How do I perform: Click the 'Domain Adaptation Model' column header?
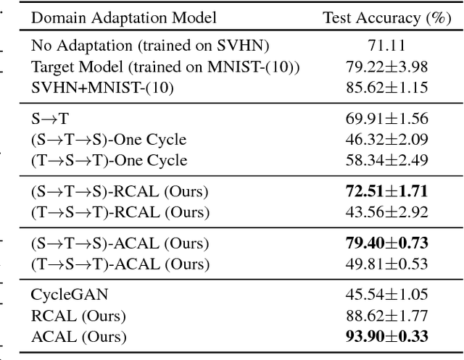123,18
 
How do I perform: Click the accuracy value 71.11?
386,46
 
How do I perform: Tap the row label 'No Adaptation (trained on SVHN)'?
150,46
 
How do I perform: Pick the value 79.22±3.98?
386,67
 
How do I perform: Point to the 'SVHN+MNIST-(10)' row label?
94,88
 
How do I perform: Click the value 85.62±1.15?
386,88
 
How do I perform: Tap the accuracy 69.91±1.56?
386,119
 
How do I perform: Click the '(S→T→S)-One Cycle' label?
109,139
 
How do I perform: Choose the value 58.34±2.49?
386,160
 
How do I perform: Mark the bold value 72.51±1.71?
386,191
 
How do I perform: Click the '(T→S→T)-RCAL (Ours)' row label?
120,212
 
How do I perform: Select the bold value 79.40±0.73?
386,243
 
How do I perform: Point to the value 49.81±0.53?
386,264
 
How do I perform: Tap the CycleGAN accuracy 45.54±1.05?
386,295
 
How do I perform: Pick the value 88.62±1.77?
386,316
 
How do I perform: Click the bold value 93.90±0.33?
386,336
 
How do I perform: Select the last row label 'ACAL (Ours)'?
78,336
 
